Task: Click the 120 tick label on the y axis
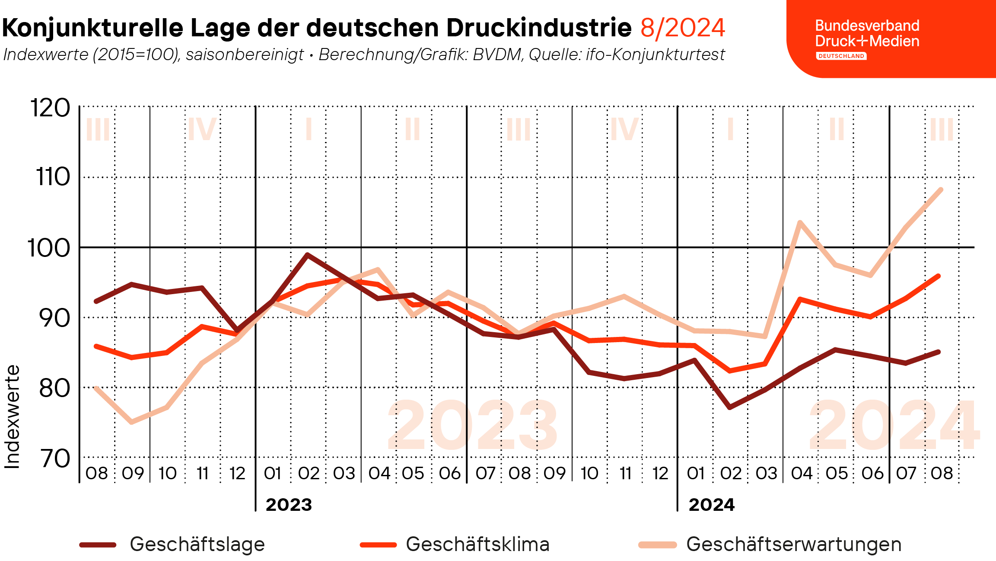(x=50, y=108)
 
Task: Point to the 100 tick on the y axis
(x=49, y=248)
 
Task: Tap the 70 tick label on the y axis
(x=55, y=459)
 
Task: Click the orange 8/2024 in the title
(x=682, y=28)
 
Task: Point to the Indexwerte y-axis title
(x=13, y=417)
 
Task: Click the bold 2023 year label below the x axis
(x=289, y=505)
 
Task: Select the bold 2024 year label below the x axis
(x=711, y=505)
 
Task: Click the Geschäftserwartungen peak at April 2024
(x=800, y=223)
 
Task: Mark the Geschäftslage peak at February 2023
(x=307, y=254)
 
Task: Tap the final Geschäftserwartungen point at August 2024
(x=941, y=189)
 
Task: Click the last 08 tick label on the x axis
(x=942, y=474)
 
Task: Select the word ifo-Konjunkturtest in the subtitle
(x=655, y=55)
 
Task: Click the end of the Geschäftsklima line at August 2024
(x=939, y=276)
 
